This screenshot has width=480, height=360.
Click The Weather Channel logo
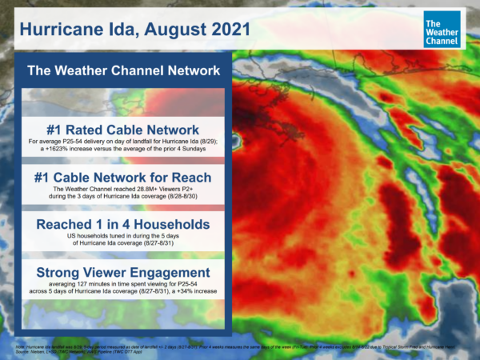coord(442,29)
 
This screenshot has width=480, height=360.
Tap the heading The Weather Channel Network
coord(123,71)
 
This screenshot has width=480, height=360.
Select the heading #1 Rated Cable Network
coord(123,130)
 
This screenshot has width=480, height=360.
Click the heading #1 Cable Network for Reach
coord(123,178)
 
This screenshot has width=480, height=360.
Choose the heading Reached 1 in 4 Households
coord(123,226)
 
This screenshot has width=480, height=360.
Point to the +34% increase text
coord(190,293)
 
